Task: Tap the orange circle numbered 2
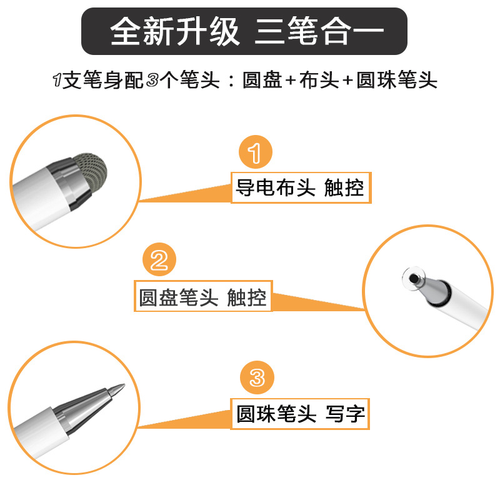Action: tap(159, 261)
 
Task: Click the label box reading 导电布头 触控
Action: tap(301, 187)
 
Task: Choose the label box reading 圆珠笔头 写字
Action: tap(301, 414)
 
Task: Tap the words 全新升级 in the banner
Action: tap(176, 32)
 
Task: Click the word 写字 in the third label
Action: tap(345, 414)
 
